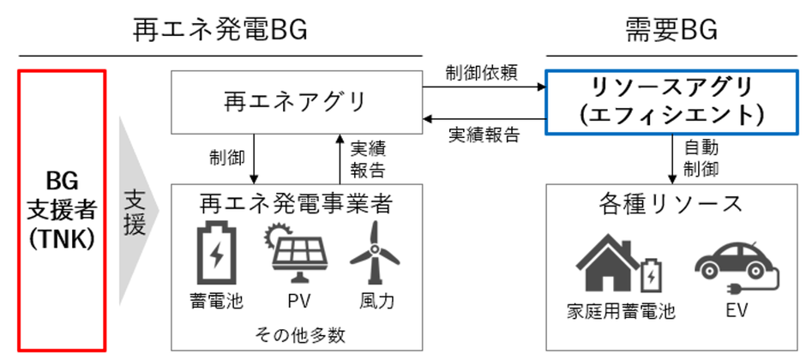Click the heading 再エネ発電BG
[x=220, y=32]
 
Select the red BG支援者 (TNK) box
[x=62, y=210]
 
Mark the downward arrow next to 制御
[x=255, y=158]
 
